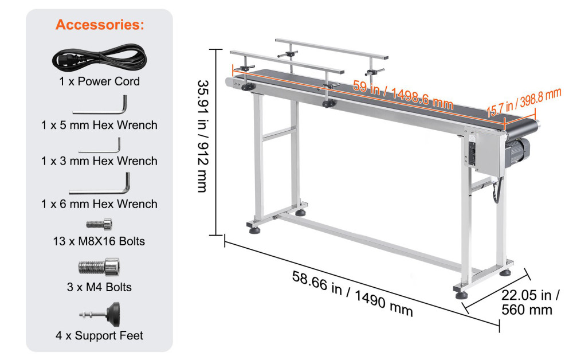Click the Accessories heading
[x=100, y=25]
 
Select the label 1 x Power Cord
[x=99, y=81]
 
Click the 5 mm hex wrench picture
[x=100, y=108]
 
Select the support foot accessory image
[x=100, y=314]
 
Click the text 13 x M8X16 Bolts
[x=99, y=241]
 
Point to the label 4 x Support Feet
[x=99, y=335]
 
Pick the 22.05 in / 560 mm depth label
[x=531, y=303]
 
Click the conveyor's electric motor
[x=521, y=153]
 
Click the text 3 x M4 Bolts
[x=99, y=287]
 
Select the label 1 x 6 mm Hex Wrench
[x=99, y=204]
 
